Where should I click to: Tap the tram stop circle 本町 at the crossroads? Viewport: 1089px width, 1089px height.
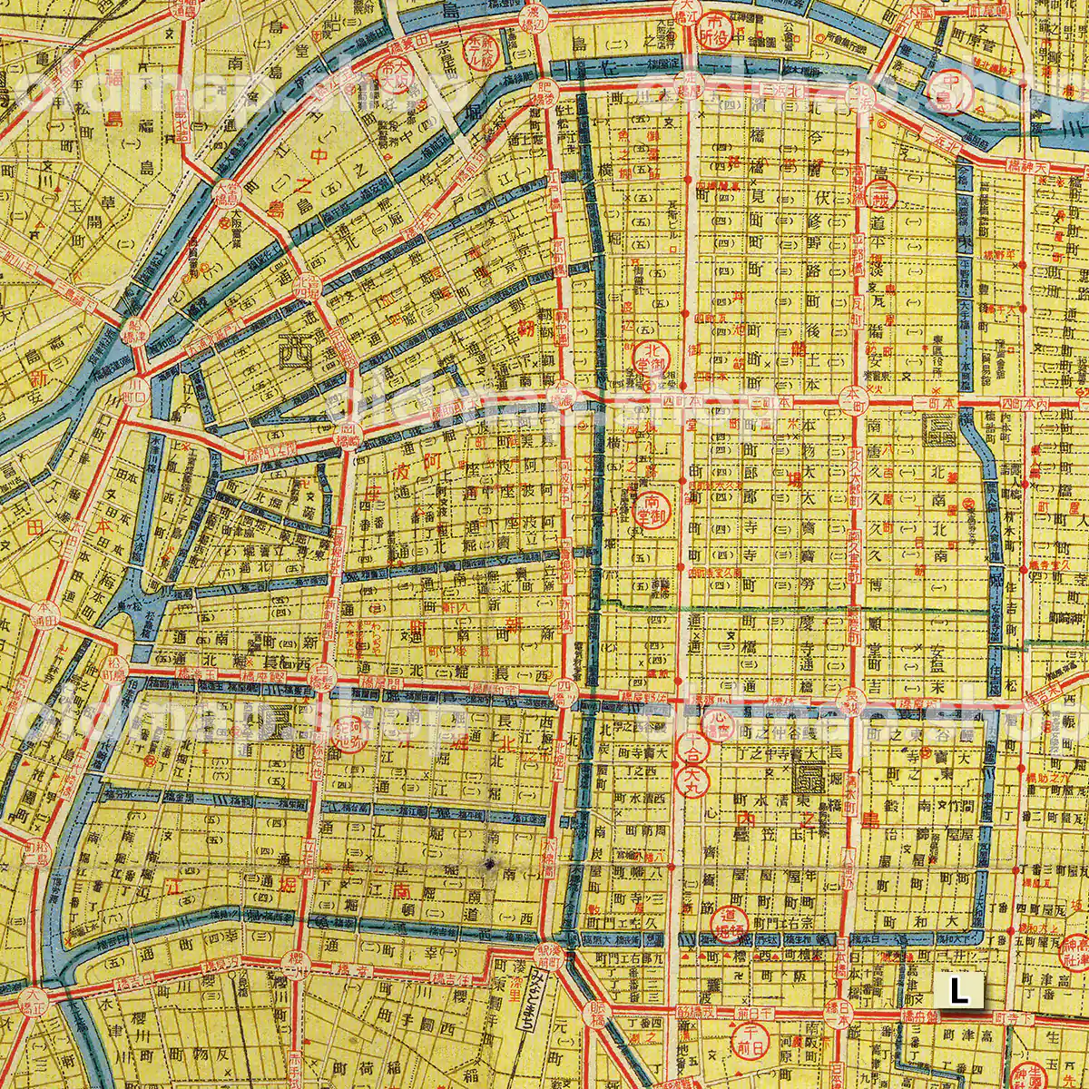(853, 396)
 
